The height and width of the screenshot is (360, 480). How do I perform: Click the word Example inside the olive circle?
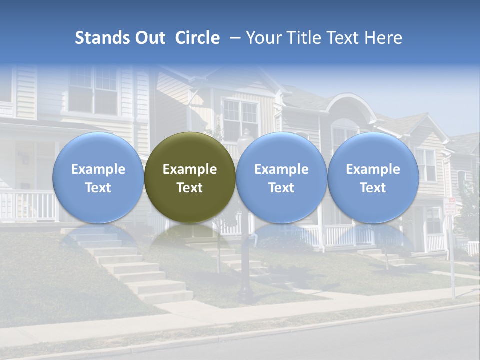click(x=190, y=169)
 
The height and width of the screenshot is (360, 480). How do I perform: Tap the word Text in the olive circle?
click(x=190, y=188)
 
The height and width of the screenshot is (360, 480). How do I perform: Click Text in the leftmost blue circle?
click(x=98, y=188)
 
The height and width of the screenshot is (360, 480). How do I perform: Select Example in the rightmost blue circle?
click(x=373, y=169)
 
